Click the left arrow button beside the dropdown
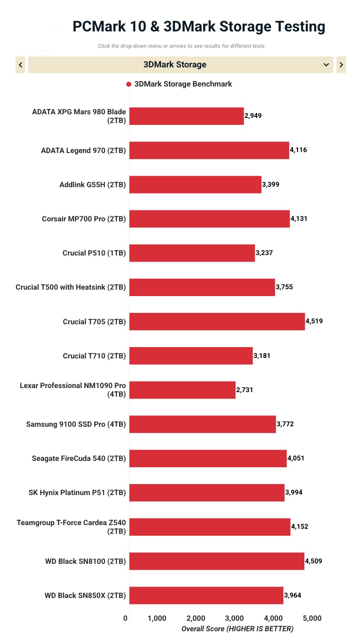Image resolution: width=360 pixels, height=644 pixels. [21, 65]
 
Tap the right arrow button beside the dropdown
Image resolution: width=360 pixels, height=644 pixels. [341, 65]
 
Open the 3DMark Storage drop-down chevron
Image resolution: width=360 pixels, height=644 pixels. [326, 65]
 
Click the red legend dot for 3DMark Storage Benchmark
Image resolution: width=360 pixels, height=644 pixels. [129, 84]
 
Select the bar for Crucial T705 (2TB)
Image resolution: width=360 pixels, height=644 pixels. [217, 322]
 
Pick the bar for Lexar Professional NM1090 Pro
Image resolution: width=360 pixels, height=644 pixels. [182, 390]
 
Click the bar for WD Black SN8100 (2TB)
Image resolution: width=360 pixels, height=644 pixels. [216, 561]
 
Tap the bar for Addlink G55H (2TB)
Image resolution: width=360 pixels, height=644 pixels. [195, 184]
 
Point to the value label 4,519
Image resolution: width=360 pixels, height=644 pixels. [314, 321]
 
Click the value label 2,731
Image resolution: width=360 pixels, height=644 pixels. [245, 390]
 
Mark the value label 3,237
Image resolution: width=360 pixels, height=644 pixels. [264, 253]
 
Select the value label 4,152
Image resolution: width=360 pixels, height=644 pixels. [299, 526]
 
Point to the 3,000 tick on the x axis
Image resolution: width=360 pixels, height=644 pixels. [234, 618]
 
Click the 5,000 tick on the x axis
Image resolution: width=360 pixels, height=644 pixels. [312, 618]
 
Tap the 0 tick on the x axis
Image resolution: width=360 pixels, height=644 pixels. [125, 618]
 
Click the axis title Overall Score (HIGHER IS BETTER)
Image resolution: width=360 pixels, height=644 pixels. [237, 629]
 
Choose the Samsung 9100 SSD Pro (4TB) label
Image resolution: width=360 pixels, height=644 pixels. [76, 424]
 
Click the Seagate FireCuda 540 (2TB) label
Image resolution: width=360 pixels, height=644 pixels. [79, 459]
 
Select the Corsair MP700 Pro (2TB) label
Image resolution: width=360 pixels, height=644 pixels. [84, 219]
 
